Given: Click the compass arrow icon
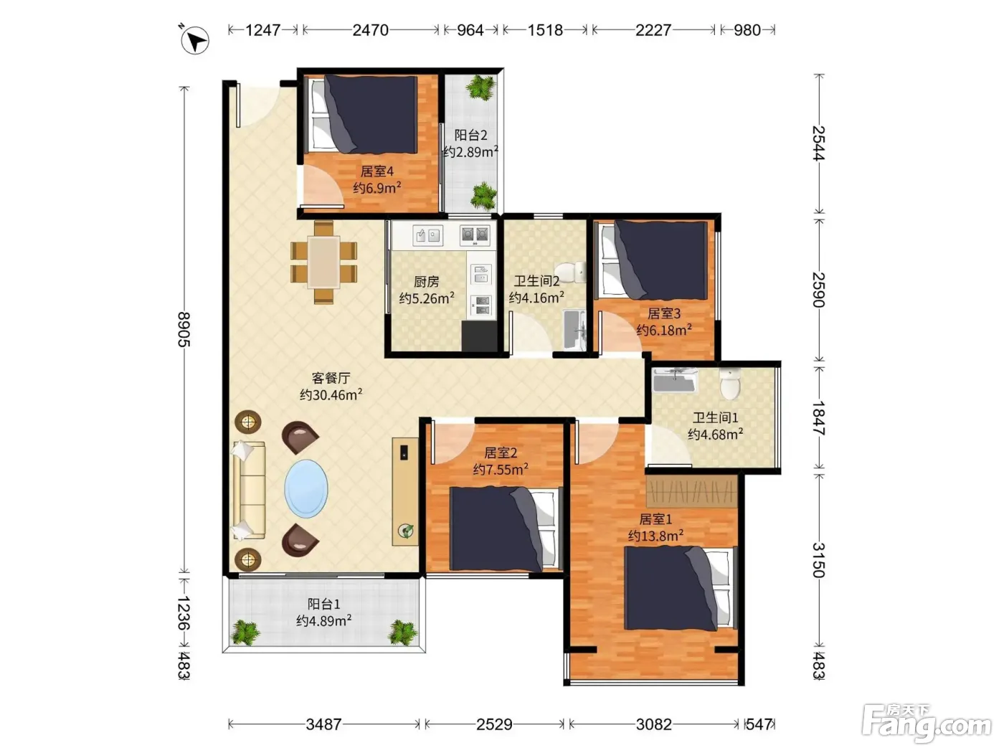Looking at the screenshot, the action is pyautogui.click(x=195, y=40).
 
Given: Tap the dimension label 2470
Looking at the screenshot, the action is pyautogui.click(x=370, y=30).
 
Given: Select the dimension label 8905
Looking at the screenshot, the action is pyautogui.click(x=184, y=329).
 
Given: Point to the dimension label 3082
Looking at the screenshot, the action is pyautogui.click(x=653, y=724).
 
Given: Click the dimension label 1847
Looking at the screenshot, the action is pyautogui.click(x=819, y=418).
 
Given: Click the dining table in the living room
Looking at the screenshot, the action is pyautogui.click(x=323, y=262).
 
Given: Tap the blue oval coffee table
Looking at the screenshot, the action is pyautogui.click(x=306, y=488).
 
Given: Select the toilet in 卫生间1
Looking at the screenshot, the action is pyautogui.click(x=730, y=383).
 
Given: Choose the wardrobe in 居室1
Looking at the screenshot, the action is pyautogui.click(x=691, y=491).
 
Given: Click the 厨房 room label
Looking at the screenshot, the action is pyautogui.click(x=426, y=282).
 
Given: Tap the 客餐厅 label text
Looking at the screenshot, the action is pyautogui.click(x=331, y=378).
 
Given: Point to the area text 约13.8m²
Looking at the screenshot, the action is pyautogui.click(x=655, y=536).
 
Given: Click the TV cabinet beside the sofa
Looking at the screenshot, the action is pyautogui.click(x=404, y=491).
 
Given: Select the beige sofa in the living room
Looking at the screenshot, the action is pyautogui.click(x=249, y=490).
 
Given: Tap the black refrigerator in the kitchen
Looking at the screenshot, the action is pyautogui.click(x=479, y=336).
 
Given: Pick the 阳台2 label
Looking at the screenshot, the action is pyautogui.click(x=470, y=136).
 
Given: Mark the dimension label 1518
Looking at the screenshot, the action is pyautogui.click(x=545, y=30).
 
